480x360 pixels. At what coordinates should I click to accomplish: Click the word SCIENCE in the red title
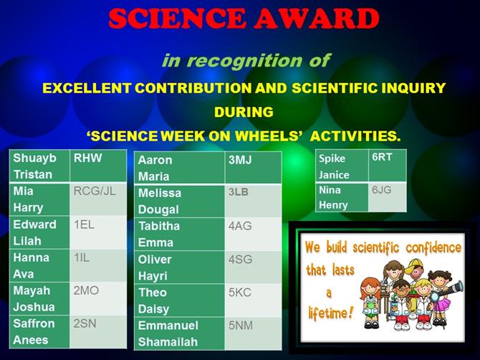coord(177,18)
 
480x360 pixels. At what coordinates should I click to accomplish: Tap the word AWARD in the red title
coord(317,18)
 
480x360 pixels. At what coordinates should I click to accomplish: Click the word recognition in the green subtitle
coord(244,61)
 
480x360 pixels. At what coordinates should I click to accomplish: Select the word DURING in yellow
coord(244,112)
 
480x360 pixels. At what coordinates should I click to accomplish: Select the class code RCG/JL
coord(95,191)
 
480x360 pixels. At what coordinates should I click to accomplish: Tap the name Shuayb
coord(34,158)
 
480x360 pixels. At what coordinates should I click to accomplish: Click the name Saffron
coord(34,323)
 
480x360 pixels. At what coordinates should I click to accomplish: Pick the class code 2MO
coord(86,290)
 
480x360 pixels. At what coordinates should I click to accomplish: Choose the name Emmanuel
coord(168,326)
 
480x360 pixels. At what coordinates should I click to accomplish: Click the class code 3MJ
coord(240,160)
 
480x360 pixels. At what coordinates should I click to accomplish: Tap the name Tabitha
coord(159,226)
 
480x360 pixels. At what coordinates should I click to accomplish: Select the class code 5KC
coord(240,293)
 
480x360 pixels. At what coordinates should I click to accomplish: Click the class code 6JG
coord(381,190)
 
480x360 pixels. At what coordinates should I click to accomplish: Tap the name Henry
coord(333,205)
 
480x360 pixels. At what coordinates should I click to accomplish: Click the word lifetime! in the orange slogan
coord(331,313)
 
